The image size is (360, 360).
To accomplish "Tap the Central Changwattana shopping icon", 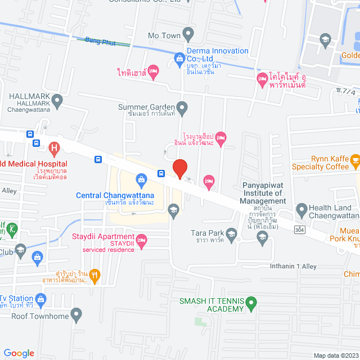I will [x=141, y=181].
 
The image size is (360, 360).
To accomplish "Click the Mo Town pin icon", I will [x=190, y=35].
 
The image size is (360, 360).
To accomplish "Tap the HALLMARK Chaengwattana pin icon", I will [x=57, y=101].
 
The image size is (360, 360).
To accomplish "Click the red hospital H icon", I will [x=54, y=150].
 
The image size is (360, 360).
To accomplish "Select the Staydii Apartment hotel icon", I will [x=142, y=240].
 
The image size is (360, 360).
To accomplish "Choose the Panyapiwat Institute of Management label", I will [x=264, y=193].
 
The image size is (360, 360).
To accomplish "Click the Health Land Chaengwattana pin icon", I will [x=301, y=208].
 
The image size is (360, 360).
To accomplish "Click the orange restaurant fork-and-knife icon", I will [x=94, y=275].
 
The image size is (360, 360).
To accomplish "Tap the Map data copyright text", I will [x=335, y=355].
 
